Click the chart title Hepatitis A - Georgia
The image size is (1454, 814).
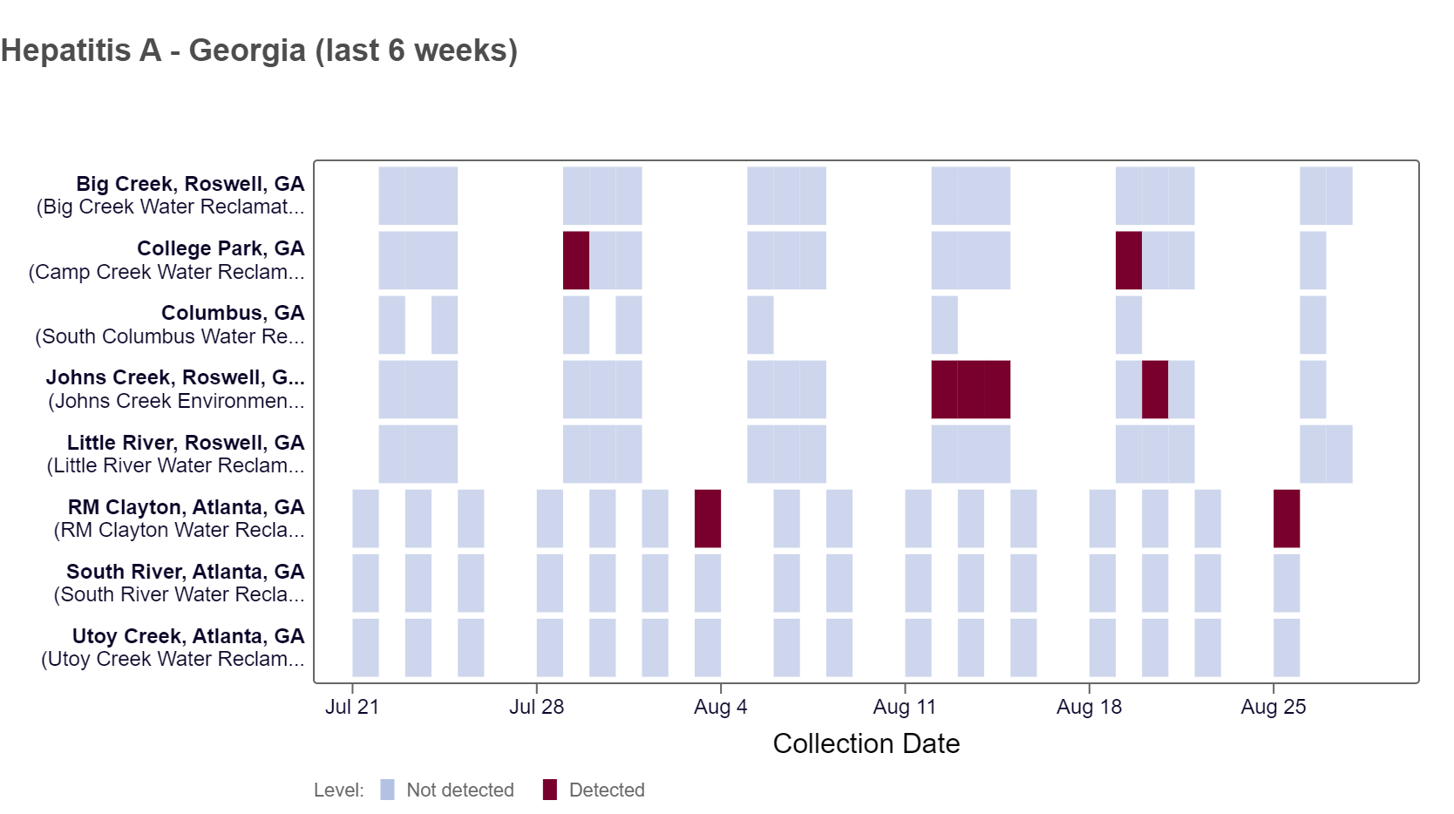259,51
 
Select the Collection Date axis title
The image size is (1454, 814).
866,743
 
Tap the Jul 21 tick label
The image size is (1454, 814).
352,707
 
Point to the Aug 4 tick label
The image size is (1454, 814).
720,707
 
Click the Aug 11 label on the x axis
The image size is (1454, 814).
904,707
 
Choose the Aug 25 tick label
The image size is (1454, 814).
1273,707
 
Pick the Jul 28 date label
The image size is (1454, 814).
536,707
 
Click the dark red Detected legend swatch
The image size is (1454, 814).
550,790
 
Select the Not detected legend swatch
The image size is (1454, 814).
388,790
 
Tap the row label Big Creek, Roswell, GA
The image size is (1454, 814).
190,184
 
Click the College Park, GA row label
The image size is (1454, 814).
221,248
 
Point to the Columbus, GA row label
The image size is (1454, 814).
233,313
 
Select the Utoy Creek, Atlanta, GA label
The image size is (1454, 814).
188,636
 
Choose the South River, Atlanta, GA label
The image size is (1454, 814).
186,572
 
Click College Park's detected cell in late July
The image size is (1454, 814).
576,261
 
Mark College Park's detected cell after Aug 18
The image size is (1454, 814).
1129,261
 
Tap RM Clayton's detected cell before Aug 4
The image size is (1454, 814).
708,519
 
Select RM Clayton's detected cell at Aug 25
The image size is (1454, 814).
1287,519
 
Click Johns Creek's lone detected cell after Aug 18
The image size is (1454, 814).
1155,390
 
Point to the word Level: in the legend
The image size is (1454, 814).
339,790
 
